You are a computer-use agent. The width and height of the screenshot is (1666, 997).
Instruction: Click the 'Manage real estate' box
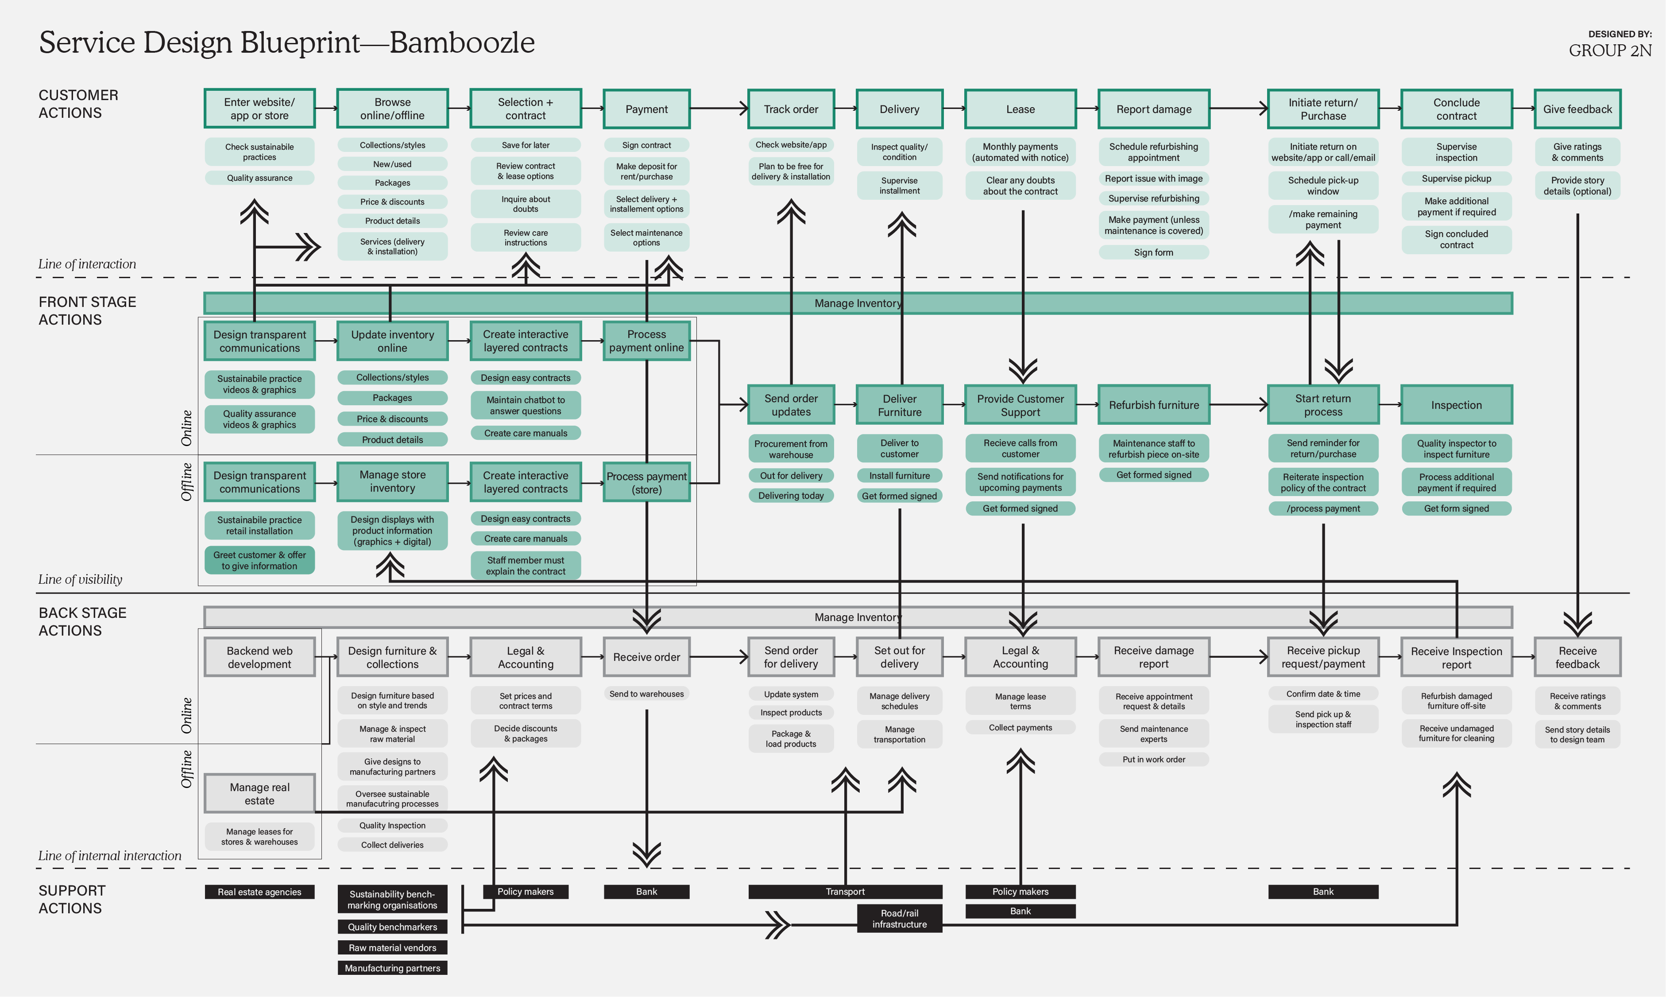259,793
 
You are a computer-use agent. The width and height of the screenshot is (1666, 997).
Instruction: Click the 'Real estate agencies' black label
259,892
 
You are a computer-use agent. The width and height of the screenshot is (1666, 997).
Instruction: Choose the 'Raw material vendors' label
392,947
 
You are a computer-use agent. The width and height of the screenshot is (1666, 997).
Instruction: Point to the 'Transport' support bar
845,892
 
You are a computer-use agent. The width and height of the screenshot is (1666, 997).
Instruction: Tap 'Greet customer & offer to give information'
259,560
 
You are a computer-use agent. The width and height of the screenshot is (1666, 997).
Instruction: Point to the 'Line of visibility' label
80,579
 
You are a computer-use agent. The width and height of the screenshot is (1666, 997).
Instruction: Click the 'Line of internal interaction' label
109,855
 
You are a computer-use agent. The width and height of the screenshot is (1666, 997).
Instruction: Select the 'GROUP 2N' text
1610,50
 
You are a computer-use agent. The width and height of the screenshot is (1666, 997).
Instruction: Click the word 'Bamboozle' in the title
462,43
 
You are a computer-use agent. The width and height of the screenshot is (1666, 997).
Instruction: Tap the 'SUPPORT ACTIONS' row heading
72,899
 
